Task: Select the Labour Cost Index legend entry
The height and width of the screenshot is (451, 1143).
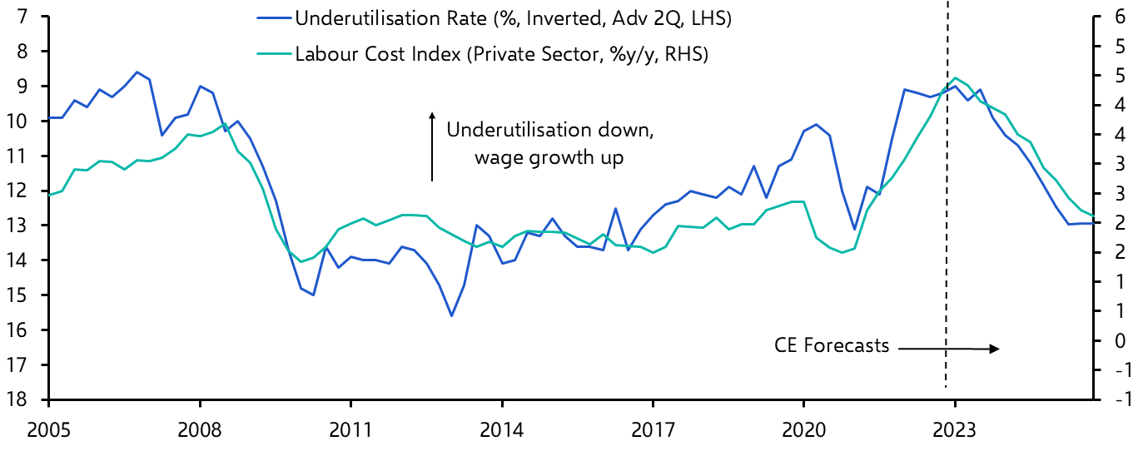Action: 500,55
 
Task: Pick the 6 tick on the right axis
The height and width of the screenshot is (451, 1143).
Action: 1120,17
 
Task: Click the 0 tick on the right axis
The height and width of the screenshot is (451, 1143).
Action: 1120,341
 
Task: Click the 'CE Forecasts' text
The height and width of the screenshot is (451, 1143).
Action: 832,345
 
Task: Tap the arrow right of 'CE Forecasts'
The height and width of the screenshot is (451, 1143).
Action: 949,349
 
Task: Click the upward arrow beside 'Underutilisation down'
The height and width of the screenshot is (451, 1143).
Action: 432,146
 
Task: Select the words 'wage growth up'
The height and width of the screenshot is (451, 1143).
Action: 549,157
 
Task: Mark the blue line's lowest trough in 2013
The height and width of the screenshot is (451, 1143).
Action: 451,315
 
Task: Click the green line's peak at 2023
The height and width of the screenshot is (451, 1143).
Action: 955,77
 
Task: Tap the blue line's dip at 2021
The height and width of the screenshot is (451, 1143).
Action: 854,229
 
